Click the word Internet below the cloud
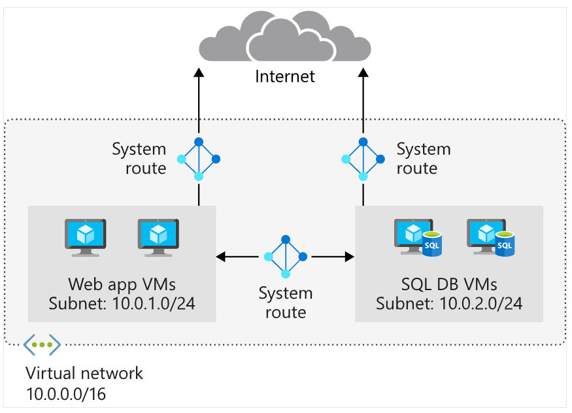(285, 76)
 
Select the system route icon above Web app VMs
(199, 159)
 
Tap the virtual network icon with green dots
(42, 344)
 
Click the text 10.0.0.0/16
(65, 395)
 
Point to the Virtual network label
(84, 374)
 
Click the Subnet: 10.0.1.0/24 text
(122, 304)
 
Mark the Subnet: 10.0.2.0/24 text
(449, 304)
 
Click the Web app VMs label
(122, 284)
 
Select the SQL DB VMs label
(449, 284)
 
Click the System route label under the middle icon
(285, 302)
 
